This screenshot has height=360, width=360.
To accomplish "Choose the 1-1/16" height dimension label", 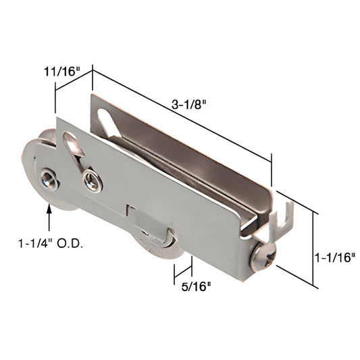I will coord(336,257).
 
